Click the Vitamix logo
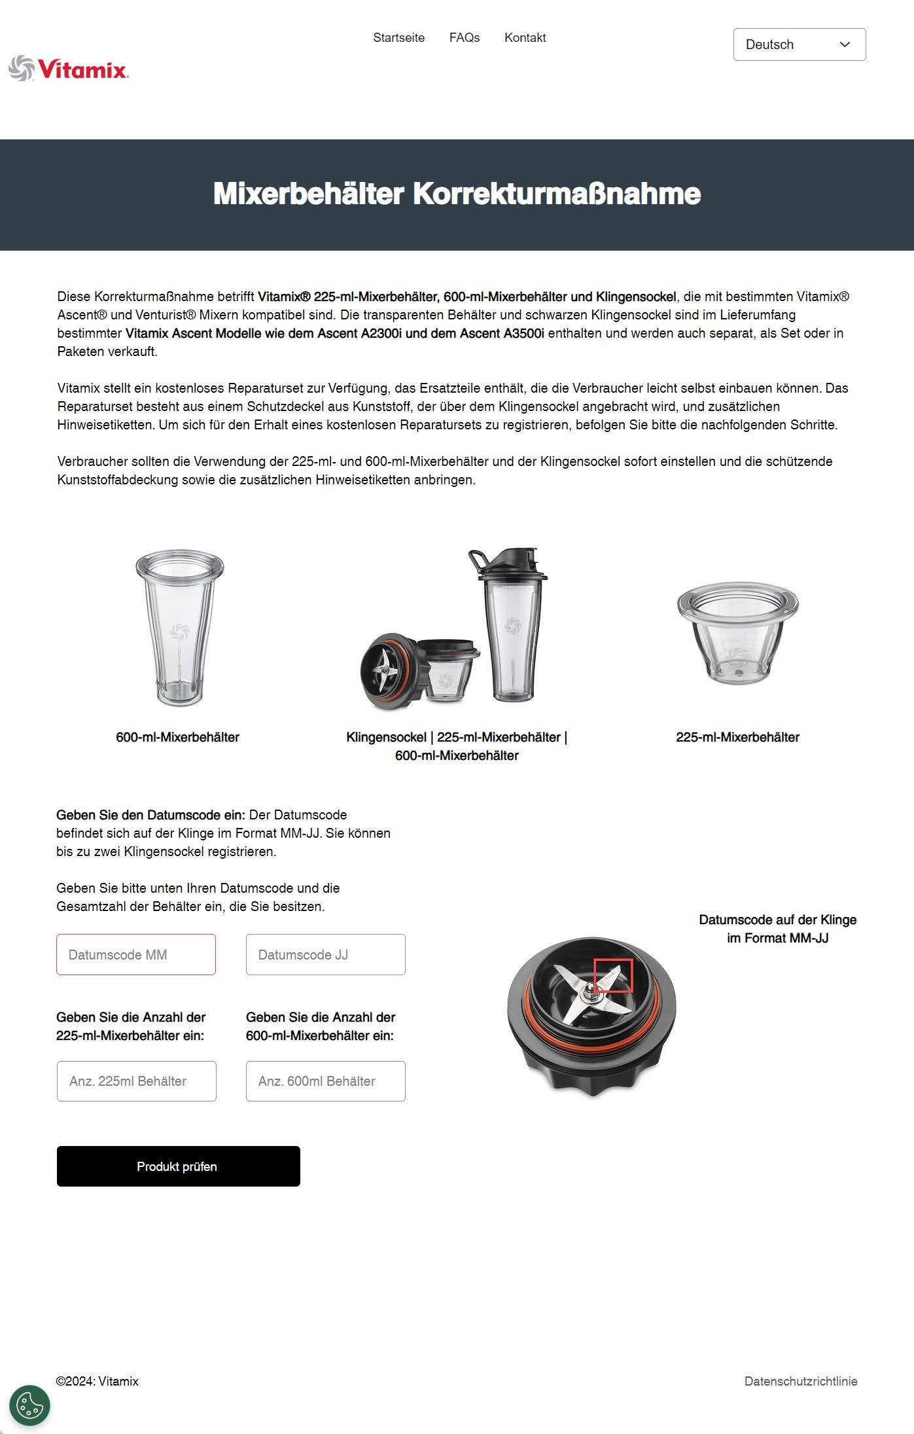tap(69, 69)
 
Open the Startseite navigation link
tap(398, 38)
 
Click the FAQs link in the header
tap(465, 38)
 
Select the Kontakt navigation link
tap(525, 38)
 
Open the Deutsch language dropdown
tap(799, 45)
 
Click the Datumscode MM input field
tap(136, 954)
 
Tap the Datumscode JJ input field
tap(325, 954)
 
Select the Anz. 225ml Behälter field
tap(136, 1081)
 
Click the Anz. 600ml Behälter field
tap(325, 1081)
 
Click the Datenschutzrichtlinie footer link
tap(800, 1381)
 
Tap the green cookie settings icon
tap(30, 1405)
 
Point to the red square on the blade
tap(613, 975)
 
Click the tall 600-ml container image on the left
tap(179, 627)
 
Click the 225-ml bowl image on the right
tap(737, 632)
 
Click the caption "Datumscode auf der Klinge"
tap(777, 920)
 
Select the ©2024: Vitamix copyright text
tap(97, 1381)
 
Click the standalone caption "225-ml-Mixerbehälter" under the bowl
tap(737, 737)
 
